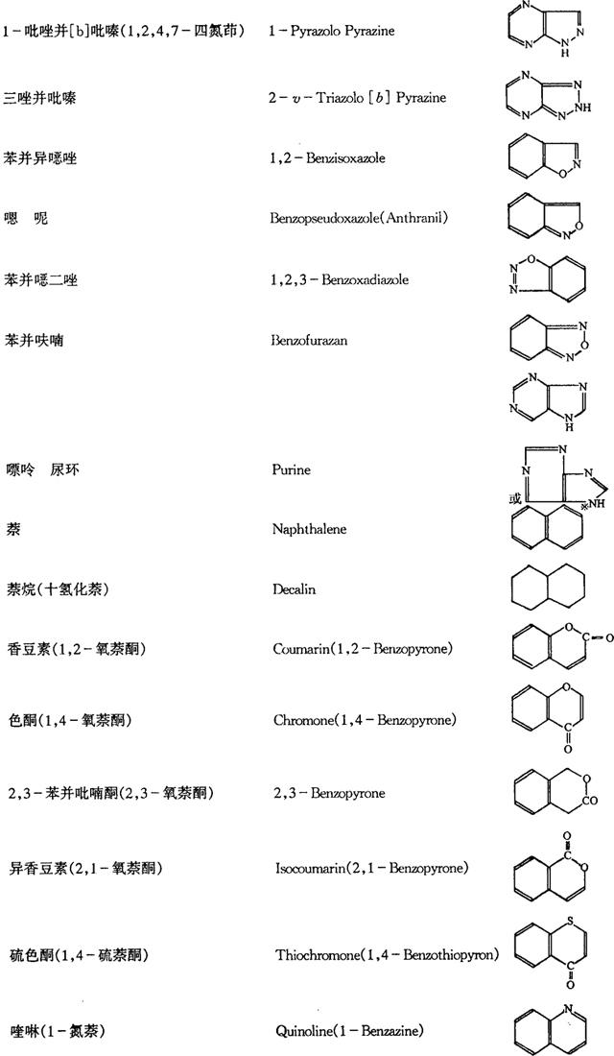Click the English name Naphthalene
(x=309, y=529)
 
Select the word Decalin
(x=294, y=590)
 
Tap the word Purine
(x=291, y=469)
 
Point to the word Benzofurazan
(x=309, y=341)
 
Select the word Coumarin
(x=295, y=649)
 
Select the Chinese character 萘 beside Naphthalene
(x=12, y=529)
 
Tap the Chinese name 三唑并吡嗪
(x=39, y=98)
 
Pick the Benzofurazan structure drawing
(x=548, y=341)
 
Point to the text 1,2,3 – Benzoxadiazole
(x=340, y=279)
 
